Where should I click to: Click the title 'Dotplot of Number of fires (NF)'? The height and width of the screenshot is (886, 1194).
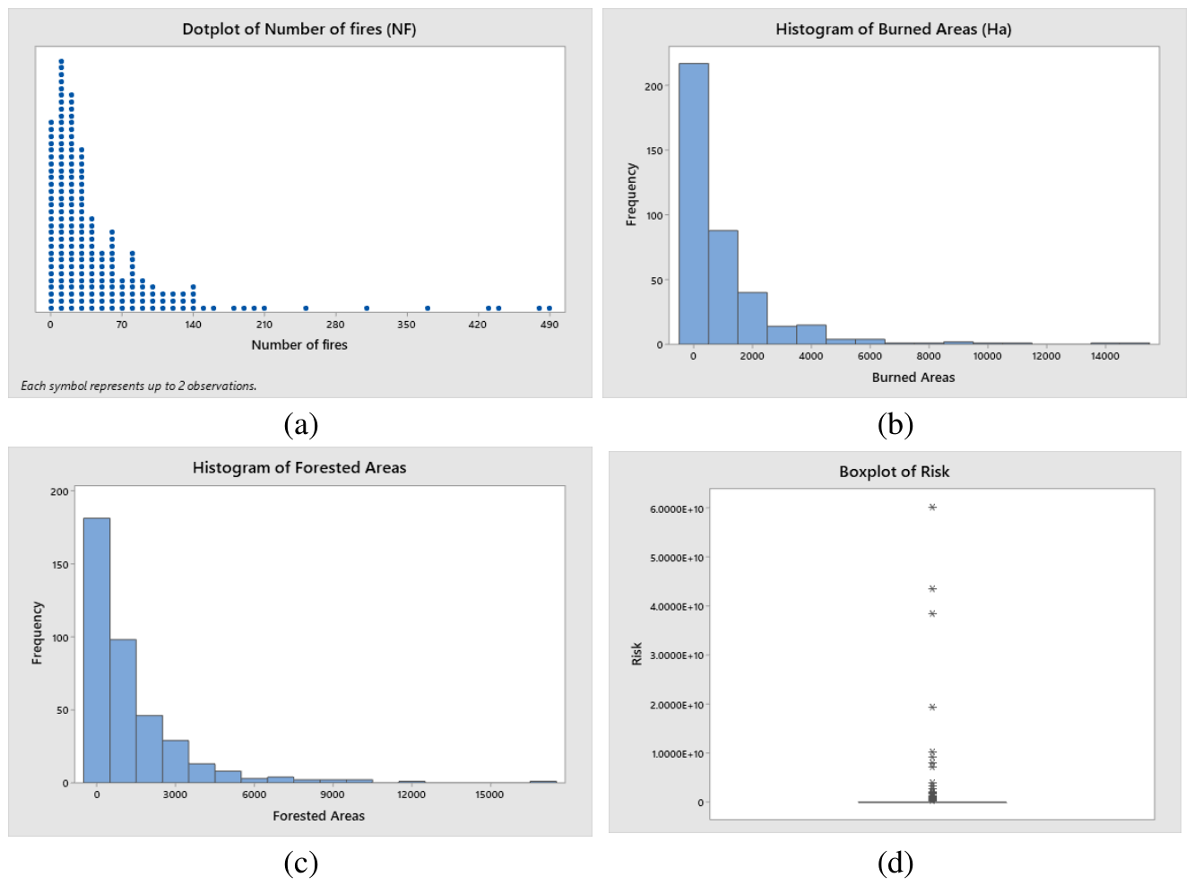tap(299, 29)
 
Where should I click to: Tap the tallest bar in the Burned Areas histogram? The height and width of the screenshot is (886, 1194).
tap(693, 204)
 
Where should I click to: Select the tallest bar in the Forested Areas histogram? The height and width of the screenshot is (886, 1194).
tap(97, 650)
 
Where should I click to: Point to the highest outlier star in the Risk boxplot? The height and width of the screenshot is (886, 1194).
tap(932, 508)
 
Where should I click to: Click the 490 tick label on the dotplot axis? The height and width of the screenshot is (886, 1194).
tap(549, 325)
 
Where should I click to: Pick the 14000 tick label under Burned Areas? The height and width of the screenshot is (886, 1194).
tap(1104, 356)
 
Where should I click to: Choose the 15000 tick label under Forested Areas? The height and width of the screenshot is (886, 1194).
tap(489, 795)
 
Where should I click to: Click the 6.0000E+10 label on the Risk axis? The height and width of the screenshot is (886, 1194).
tap(677, 509)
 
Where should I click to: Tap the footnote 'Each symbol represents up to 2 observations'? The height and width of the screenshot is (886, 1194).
tap(138, 387)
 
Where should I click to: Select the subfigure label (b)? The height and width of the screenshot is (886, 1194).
tap(895, 424)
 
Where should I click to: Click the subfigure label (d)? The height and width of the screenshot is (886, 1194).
tap(895, 864)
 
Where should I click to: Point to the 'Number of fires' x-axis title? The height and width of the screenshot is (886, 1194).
tap(299, 344)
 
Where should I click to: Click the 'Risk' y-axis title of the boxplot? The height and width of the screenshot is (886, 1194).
tap(636, 654)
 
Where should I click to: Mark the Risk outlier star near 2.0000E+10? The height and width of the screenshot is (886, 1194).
tap(932, 708)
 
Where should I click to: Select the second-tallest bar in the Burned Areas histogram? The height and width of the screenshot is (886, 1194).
tap(723, 287)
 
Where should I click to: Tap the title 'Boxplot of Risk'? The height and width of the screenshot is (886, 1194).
tap(894, 472)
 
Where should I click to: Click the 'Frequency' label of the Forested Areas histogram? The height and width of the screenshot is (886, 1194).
tap(37, 633)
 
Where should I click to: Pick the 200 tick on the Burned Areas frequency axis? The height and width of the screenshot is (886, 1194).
tap(653, 86)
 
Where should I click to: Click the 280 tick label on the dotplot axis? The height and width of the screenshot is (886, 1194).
tap(335, 325)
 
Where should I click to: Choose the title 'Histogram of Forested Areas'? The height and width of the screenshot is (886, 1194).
tap(299, 467)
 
